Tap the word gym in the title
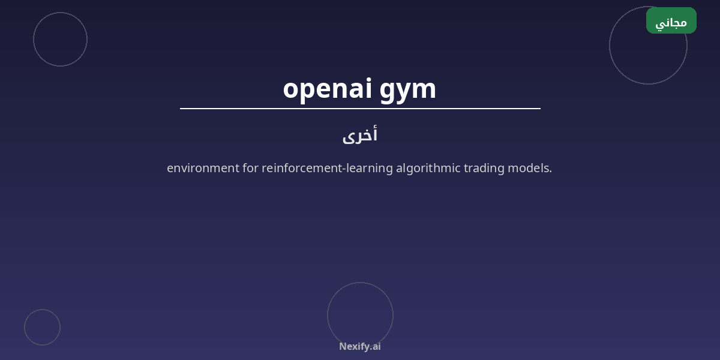click(x=407, y=92)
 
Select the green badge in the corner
click(x=671, y=20)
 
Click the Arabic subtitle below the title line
click(x=360, y=135)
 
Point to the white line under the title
click(x=360, y=109)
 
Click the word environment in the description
click(x=203, y=168)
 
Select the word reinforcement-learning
click(x=327, y=168)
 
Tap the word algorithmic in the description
click(x=428, y=168)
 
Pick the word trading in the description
click(x=484, y=168)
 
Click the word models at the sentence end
click(x=529, y=168)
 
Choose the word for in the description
click(x=250, y=168)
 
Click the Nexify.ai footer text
click(x=360, y=347)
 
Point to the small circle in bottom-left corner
click(x=25, y=327)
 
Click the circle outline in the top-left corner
click(x=34, y=39)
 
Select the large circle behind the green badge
click(x=610, y=46)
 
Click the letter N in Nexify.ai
click(x=343, y=346)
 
